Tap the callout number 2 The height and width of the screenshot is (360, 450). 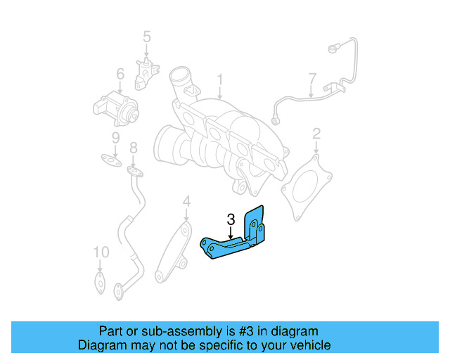point(316,132)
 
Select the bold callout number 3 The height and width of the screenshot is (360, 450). point(231,219)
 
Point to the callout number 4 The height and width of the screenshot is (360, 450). point(186,202)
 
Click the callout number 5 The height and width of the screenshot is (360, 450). point(147,36)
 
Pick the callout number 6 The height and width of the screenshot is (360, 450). point(120,73)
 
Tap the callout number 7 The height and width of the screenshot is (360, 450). point(312,78)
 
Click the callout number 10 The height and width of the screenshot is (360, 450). point(101,252)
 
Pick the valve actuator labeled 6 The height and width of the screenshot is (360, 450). point(115,108)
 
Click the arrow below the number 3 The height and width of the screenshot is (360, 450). point(231,233)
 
